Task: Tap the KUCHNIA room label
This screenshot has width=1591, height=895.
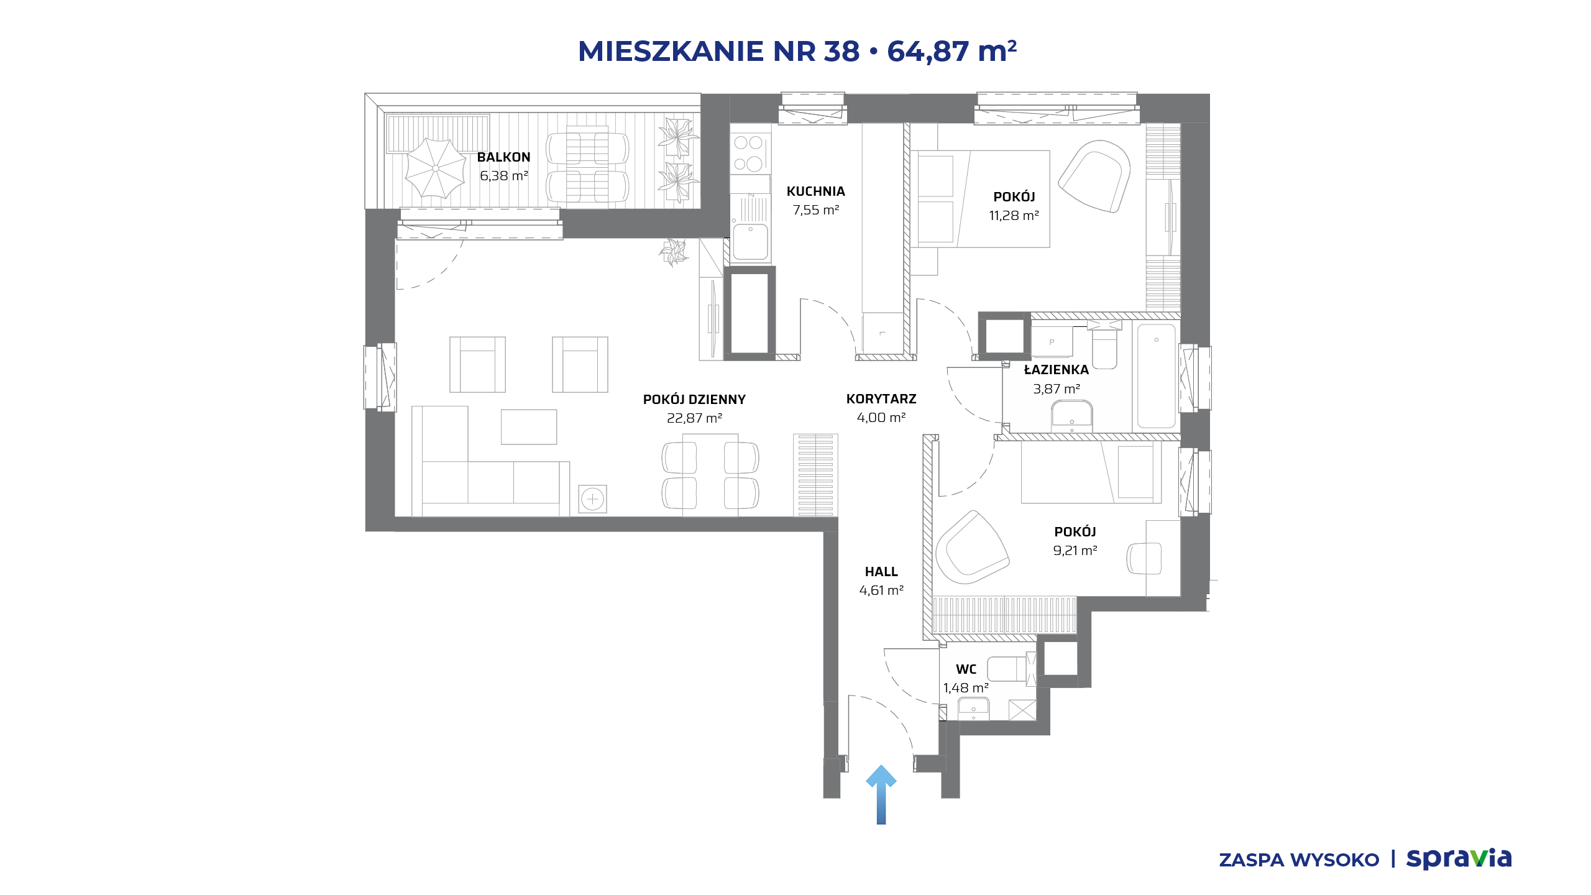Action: click(815, 191)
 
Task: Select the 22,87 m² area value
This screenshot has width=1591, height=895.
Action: click(694, 418)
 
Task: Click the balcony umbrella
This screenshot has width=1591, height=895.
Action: click(435, 168)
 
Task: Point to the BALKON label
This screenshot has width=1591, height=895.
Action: click(503, 157)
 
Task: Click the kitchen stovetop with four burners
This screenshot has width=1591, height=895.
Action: click(750, 153)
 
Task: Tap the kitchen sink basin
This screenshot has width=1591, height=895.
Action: click(750, 241)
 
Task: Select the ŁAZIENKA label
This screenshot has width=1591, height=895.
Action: click(1056, 370)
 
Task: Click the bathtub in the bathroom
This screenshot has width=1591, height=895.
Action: click(1156, 377)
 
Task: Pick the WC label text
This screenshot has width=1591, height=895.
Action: click(966, 669)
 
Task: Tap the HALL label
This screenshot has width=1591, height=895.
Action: click(881, 572)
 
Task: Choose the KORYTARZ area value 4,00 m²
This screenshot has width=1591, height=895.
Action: click(881, 418)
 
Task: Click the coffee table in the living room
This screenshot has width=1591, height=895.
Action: click(529, 427)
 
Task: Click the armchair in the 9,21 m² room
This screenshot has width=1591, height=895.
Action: click(971, 547)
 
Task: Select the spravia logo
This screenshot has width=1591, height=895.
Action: click(1459, 858)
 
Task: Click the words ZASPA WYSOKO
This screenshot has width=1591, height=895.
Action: click(1299, 860)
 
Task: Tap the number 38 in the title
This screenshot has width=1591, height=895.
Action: click(842, 51)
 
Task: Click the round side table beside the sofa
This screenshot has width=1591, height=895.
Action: click(593, 499)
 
